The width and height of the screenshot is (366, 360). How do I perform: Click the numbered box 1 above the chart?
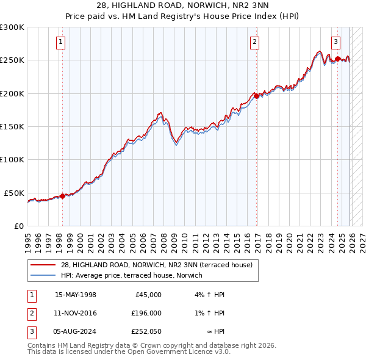click(x=62, y=42)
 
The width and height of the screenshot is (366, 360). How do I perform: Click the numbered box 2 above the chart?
click(x=254, y=42)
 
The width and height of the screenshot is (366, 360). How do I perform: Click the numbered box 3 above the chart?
click(x=336, y=42)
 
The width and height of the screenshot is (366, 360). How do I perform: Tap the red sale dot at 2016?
click(x=257, y=96)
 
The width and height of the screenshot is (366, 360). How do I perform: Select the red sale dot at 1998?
click(x=62, y=196)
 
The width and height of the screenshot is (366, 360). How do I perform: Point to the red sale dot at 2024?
click(x=338, y=59)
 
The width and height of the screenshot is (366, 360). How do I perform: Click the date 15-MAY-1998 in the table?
click(x=76, y=295)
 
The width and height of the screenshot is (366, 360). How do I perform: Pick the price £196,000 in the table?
click(x=146, y=313)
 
